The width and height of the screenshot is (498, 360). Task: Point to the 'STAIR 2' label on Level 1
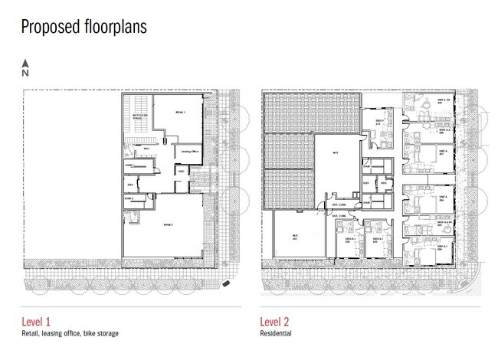tap(129, 198)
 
